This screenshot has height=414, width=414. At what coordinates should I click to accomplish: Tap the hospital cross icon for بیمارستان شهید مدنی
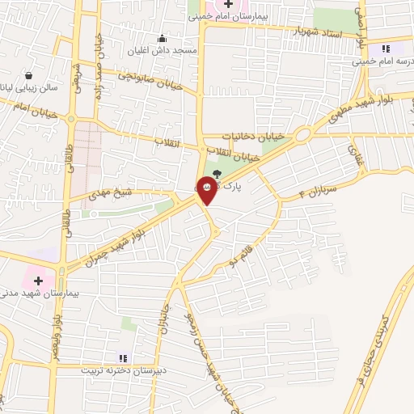(x=38, y=280)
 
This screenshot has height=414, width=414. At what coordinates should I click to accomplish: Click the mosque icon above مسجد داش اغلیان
(x=163, y=38)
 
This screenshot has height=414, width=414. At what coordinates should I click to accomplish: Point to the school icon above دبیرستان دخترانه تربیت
(x=123, y=357)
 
